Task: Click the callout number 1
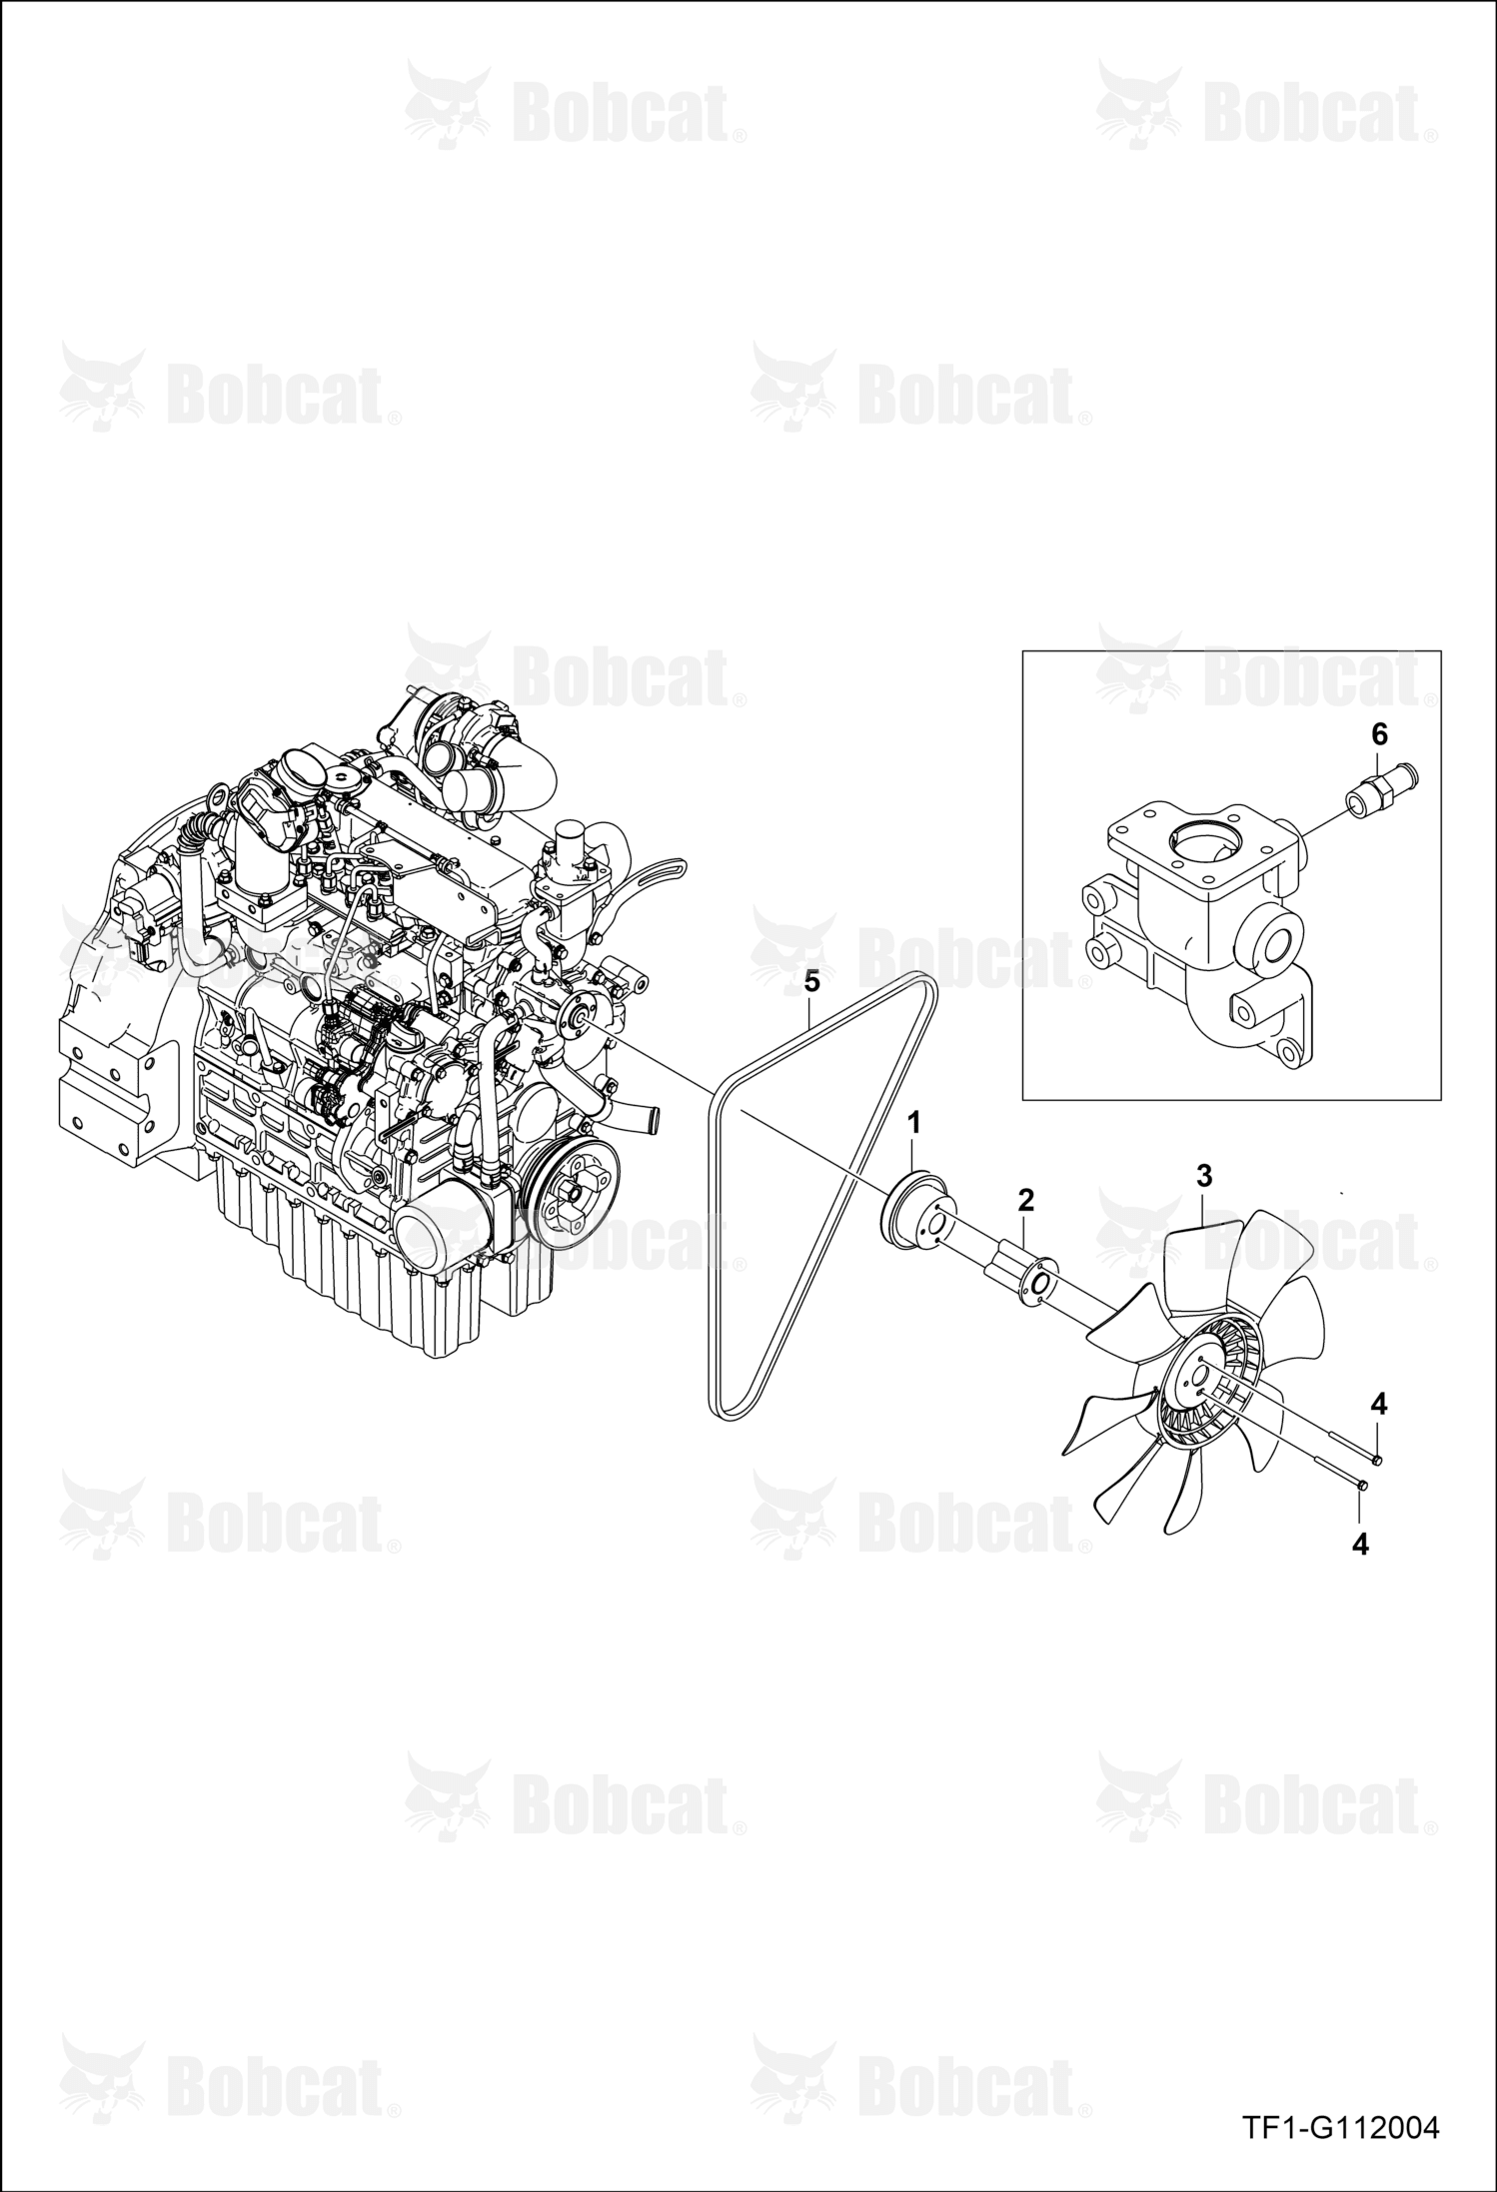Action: click(912, 1123)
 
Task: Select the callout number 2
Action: click(1025, 1199)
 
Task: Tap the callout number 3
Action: click(1204, 1175)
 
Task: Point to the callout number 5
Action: click(811, 982)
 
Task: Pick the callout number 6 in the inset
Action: click(1379, 734)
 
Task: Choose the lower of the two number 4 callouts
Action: click(1359, 1545)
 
